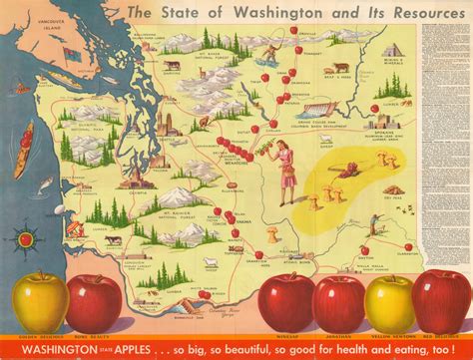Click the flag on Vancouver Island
point(68,51)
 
